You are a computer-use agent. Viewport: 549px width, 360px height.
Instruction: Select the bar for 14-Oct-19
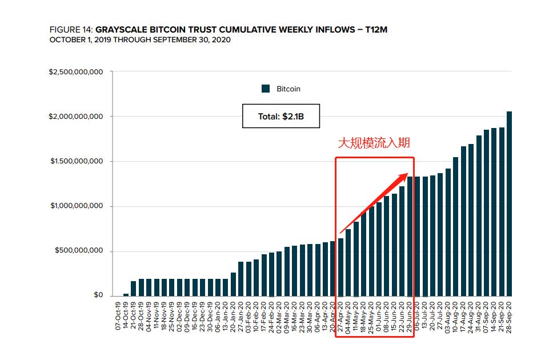pyautogui.click(x=126, y=295)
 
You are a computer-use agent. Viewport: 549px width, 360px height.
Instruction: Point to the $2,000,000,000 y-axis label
pyautogui.click(x=76, y=117)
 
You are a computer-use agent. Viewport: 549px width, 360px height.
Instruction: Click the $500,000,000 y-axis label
pyautogui.click(x=79, y=251)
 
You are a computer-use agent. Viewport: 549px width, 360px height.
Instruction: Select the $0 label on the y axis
pyautogui.click(x=99, y=295)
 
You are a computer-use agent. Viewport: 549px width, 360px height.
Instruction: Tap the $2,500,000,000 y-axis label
pyautogui.click(x=76, y=72)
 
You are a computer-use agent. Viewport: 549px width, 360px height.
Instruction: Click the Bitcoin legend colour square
pyautogui.click(x=265, y=89)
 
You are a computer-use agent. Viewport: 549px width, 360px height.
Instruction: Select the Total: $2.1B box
pyautogui.click(x=280, y=116)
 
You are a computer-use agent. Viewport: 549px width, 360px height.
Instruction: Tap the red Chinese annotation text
pyautogui.click(x=374, y=143)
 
